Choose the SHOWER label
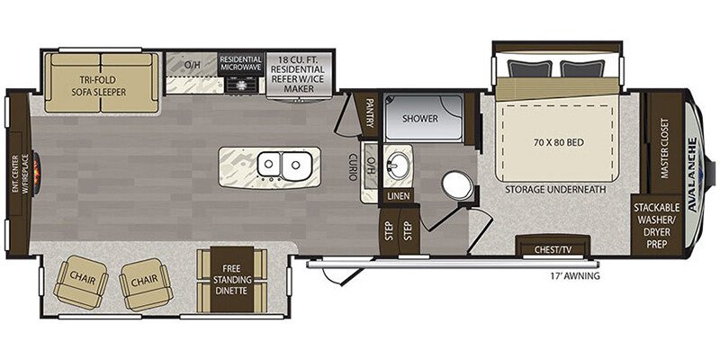point(418,118)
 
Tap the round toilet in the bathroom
point(459,186)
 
